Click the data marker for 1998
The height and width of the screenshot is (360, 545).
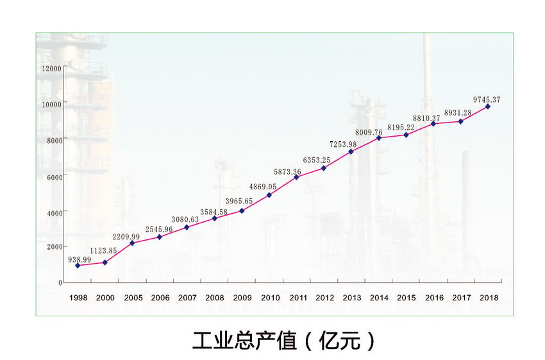click(78, 266)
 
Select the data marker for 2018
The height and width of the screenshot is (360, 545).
click(488, 107)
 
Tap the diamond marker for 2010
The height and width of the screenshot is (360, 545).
click(269, 195)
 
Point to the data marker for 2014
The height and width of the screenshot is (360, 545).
click(379, 138)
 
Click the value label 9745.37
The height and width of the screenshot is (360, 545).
click(487, 99)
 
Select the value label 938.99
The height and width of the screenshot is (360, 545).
click(79, 259)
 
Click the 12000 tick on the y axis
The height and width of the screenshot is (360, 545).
click(51, 68)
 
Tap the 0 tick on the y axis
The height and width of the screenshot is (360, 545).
click(60, 282)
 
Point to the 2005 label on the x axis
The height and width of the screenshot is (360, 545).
click(133, 298)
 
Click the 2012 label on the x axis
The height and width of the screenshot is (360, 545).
click(324, 298)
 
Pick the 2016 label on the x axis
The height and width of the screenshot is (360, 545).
click(434, 298)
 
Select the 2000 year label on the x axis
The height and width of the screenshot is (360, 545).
click(105, 298)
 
